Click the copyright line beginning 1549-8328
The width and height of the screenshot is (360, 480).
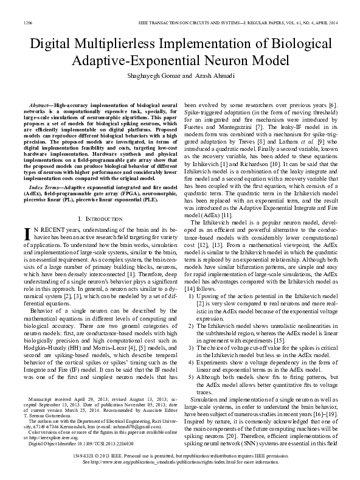[x=180, y=454]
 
